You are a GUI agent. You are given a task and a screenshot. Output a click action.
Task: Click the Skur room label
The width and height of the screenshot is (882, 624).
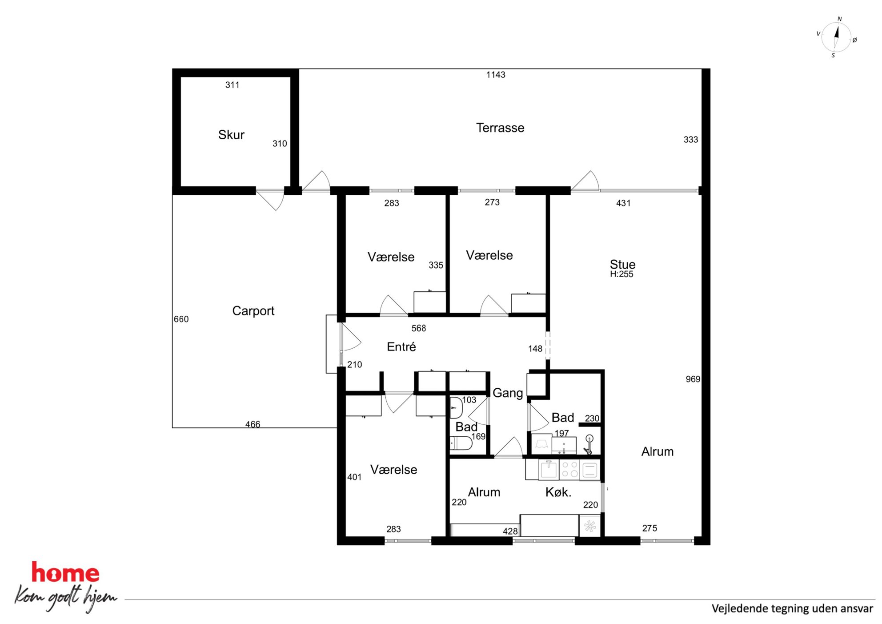coord(231,135)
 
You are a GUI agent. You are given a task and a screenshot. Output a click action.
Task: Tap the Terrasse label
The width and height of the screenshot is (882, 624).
coord(500,128)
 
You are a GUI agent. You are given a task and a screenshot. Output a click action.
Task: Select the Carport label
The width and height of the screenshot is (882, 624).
coord(253,311)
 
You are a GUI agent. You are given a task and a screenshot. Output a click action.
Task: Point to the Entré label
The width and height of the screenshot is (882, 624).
coord(401,347)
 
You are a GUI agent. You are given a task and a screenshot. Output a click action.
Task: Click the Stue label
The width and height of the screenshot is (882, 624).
coord(622,264)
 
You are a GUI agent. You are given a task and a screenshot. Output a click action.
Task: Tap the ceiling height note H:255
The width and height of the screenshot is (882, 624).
coord(621,274)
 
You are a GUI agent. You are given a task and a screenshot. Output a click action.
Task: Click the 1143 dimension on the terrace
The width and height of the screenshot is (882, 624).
coord(496,75)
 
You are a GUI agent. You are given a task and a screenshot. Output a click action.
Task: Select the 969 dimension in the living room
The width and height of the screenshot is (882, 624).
coord(693,379)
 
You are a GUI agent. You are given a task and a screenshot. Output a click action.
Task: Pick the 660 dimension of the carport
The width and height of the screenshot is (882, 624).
coord(181,319)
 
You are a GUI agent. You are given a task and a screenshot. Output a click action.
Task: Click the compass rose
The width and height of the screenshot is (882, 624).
coord(836,37)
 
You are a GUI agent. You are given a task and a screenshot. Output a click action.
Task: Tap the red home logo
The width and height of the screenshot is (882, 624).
coord(65,572)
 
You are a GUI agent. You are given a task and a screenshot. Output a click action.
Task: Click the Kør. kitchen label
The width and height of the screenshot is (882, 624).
coord(558,492)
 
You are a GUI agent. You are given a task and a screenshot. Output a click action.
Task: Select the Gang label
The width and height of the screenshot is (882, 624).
coord(508,393)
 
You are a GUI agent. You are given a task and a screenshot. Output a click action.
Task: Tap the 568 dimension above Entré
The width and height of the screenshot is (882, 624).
coord(419,328)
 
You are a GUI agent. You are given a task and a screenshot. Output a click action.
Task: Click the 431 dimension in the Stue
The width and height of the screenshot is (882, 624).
coord(623,203)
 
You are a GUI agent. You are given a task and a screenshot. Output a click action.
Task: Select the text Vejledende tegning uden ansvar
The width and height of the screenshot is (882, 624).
coord(792,608)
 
